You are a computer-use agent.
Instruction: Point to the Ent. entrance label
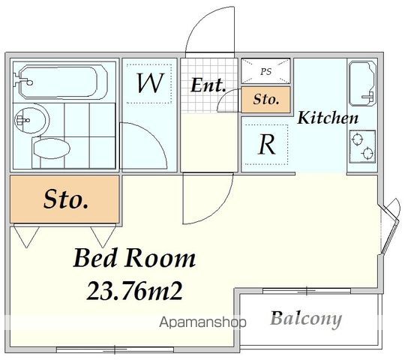(207, 85)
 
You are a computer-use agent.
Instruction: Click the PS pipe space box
(265, 72)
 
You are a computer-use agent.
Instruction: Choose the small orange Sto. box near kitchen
(265, 99)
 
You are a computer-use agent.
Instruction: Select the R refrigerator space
(265, 144)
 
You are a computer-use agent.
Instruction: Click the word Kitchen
(328, 118)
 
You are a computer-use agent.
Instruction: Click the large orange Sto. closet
(64, 199)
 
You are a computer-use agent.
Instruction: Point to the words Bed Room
(133, 259)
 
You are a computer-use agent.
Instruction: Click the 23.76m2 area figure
(133, 289)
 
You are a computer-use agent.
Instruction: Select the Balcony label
(305, 319)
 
